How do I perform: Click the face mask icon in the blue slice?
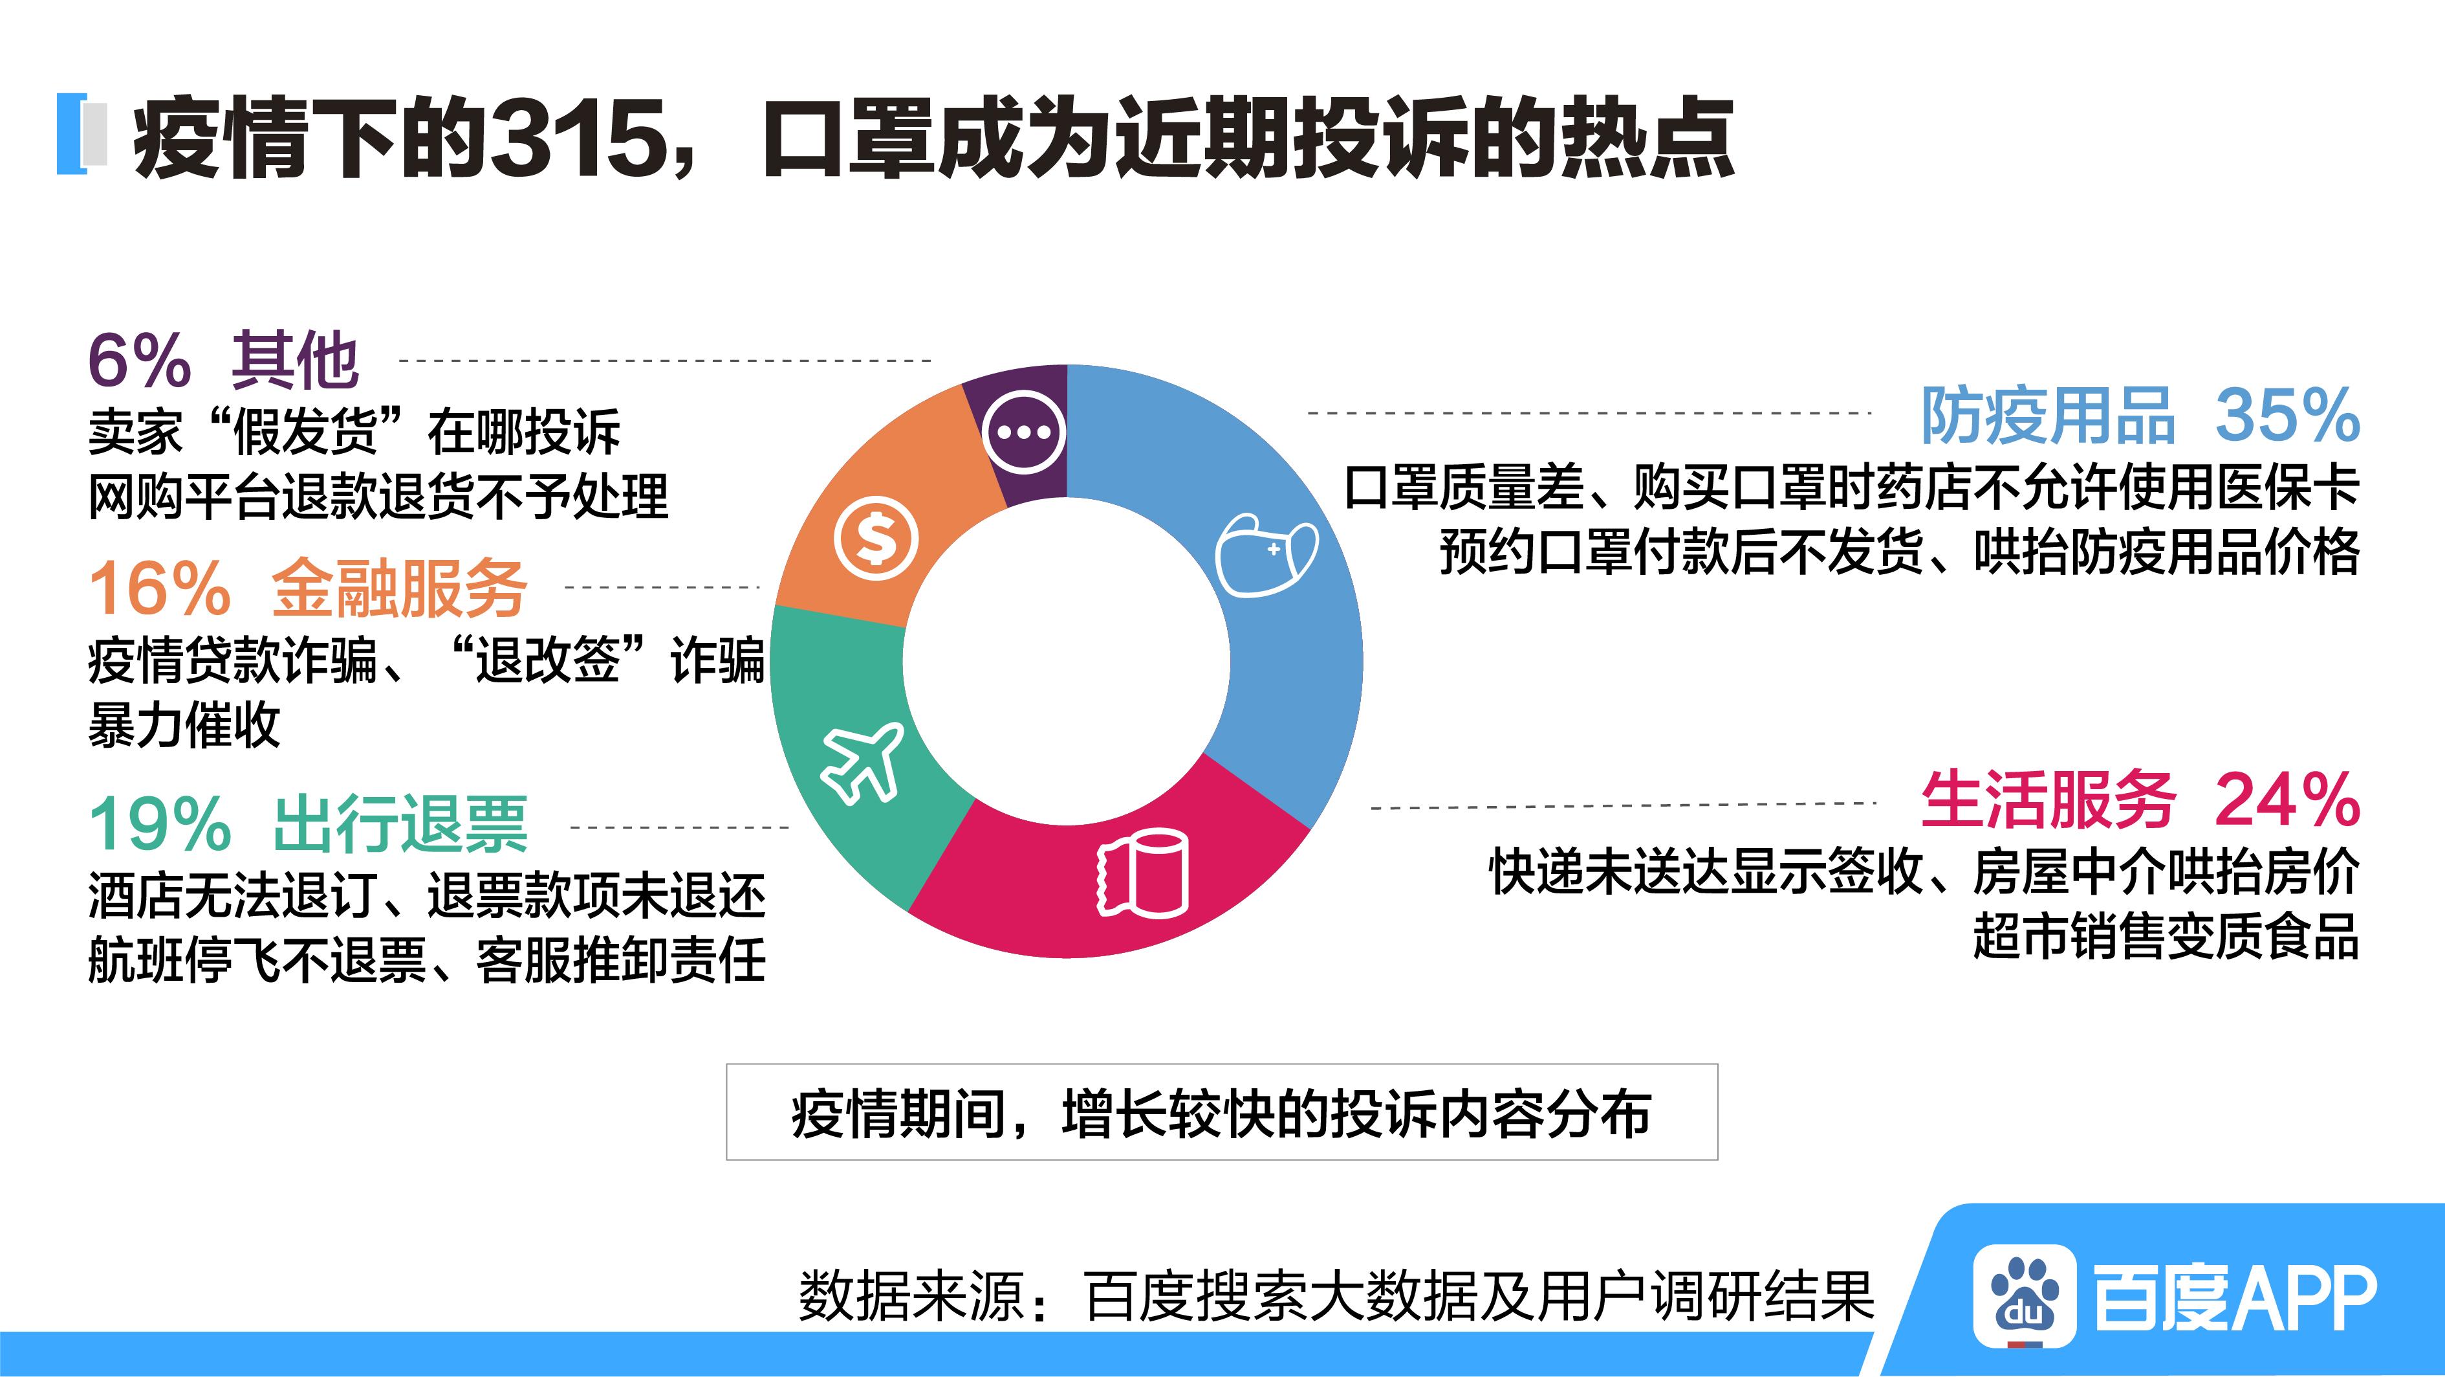click(x=1267, y=555)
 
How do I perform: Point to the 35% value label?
click(x=2287, y=415)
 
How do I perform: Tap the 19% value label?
click(x=160, y=823)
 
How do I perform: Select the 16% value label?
click(x=160, y=588)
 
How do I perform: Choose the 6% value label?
click(x=140, y=361)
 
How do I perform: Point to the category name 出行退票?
click(x=400, y=824)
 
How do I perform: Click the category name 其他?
click(x=295, y=361)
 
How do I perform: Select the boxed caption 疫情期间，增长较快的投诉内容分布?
click(x=1222, y=1112)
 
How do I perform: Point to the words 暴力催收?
click(x=184, y=726)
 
